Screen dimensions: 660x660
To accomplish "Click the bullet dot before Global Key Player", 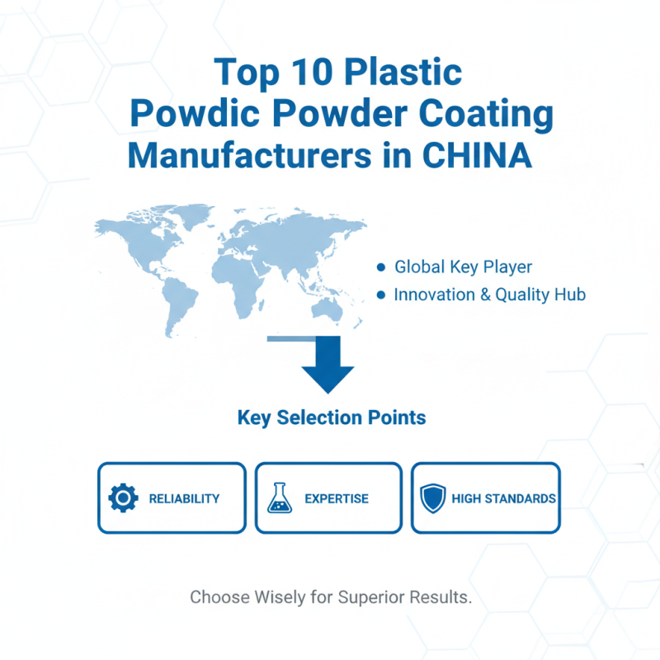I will point(380,267).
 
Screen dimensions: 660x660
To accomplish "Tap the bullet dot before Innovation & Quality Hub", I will point(380,295).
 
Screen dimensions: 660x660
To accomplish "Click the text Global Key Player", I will point(463,267).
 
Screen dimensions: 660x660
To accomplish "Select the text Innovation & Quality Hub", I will point(490,295).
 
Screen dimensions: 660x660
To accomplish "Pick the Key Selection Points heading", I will point(331,417).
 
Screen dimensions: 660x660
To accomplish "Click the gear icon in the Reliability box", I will point(123,498).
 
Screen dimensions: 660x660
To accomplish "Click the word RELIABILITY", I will point(184,498).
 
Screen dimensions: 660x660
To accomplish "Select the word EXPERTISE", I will point(337,498).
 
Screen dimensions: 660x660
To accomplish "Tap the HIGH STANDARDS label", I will point(503,498).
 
